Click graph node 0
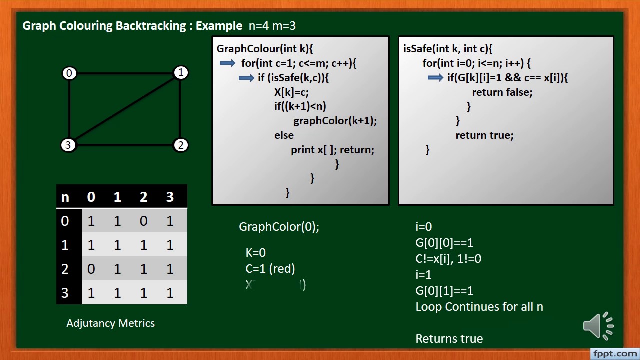(69, 73)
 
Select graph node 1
(181, 73)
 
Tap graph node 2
(180, 145)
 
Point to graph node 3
(68, 145)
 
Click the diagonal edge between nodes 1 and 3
(125, 109)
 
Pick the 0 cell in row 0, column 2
(143, 221)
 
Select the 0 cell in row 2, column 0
(91, 269)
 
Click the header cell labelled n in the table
(65, 197)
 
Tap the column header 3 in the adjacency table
(170, 197)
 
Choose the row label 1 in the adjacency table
(65, 245)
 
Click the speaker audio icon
(598, 326)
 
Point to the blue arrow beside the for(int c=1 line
(227, 63)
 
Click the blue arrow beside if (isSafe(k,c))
(246, 78)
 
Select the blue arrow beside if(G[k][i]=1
(435, 78)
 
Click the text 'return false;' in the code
(502, 92)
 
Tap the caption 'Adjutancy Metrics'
(110, 323)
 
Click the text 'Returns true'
(449, 339)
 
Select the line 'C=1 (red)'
(270, 269)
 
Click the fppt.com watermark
(614, 354)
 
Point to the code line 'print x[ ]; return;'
(332, 149)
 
